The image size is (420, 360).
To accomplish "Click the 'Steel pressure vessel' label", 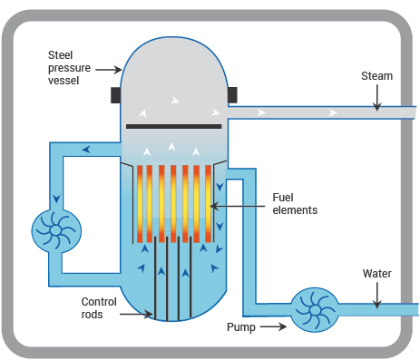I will pos(70,68).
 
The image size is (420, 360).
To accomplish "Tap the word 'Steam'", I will pos(376,76).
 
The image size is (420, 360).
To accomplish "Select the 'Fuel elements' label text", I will pos(295,203).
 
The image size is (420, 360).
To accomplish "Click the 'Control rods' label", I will pos(99,308).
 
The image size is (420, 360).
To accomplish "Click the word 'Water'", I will pos(377,273).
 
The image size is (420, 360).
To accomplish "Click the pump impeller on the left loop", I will pos(55,231).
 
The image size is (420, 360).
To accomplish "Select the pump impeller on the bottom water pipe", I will pos(315,310).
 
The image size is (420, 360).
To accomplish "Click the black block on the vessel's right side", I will pos(232,93).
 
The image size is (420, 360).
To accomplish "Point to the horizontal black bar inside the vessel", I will pos(173,126).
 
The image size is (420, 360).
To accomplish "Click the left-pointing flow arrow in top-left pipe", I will pos(86,150).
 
